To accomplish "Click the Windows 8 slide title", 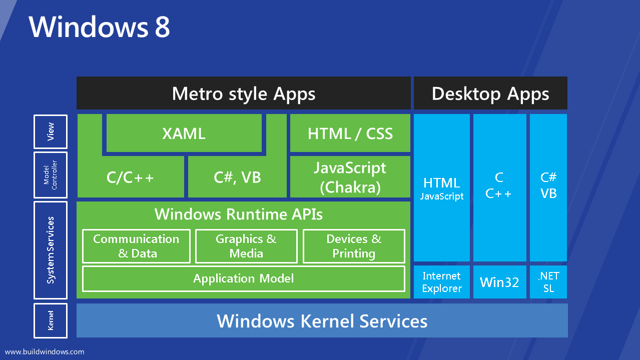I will (x=100, y=27).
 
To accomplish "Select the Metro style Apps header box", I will (x=244, y=93).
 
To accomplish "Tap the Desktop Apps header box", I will (x=490, y=93).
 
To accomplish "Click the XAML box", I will (x=184, y=133).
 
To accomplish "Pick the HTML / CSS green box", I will (x=350, y=133).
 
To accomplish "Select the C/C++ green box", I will (x=130, y=177).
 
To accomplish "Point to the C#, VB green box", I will (x=237, y=177).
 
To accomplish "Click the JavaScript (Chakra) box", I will (x=350, y=177).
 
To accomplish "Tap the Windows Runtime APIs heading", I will (x=239, y=214).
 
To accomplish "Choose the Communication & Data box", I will (x=136, y=246).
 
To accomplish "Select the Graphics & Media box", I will (x=246, y=246).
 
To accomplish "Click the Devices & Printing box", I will (x=354, y=246).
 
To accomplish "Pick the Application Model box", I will (x=243, y=278).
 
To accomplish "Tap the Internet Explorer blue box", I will (x=441, y=282).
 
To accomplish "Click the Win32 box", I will (x=499, y=282).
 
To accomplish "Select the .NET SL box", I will (x=548, y=282).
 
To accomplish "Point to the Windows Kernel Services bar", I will (x=322, y=320).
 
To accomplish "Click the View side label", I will (x=51, y=131).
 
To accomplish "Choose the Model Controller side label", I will (x=51, y=175).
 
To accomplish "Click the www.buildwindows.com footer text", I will (x=45, y=351).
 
